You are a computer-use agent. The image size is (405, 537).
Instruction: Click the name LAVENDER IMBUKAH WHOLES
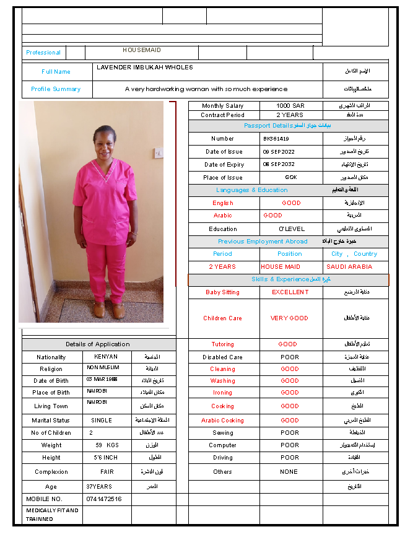(x=145, y=68)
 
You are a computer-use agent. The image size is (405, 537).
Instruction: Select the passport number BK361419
(x=276, y=139)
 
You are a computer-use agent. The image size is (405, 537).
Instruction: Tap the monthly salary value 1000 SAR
(x=290, y=106)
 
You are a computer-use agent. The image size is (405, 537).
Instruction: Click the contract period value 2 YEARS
(x=290, y=115)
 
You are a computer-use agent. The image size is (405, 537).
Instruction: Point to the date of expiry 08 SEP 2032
(x=280, y=165)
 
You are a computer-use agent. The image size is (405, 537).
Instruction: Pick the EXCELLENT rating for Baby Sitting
(x=290, y=292)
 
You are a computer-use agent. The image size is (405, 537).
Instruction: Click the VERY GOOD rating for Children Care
(x=289, y=318)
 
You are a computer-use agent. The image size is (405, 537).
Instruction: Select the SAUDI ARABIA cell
(x=349, y=267)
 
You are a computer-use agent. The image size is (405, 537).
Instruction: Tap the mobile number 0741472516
(x=104, y=499)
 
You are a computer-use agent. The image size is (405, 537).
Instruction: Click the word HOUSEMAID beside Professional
(x=142, y=50)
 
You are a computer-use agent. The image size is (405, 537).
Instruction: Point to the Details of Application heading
(x=98, y=344)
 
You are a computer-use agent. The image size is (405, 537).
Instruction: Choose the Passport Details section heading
(x=287, y=126)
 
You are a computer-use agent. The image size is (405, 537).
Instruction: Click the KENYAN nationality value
(x=106, y=357)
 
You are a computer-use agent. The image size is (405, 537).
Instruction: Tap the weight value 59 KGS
(x=107, y=445)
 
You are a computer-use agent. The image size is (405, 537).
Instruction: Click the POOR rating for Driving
(x=290, y=458)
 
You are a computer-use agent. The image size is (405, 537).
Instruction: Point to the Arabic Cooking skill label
(x=223, y=421)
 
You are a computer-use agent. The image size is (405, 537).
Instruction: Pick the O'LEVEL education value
(x=292, y=229)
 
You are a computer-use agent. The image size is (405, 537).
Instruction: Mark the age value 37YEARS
(x=99, y=487)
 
